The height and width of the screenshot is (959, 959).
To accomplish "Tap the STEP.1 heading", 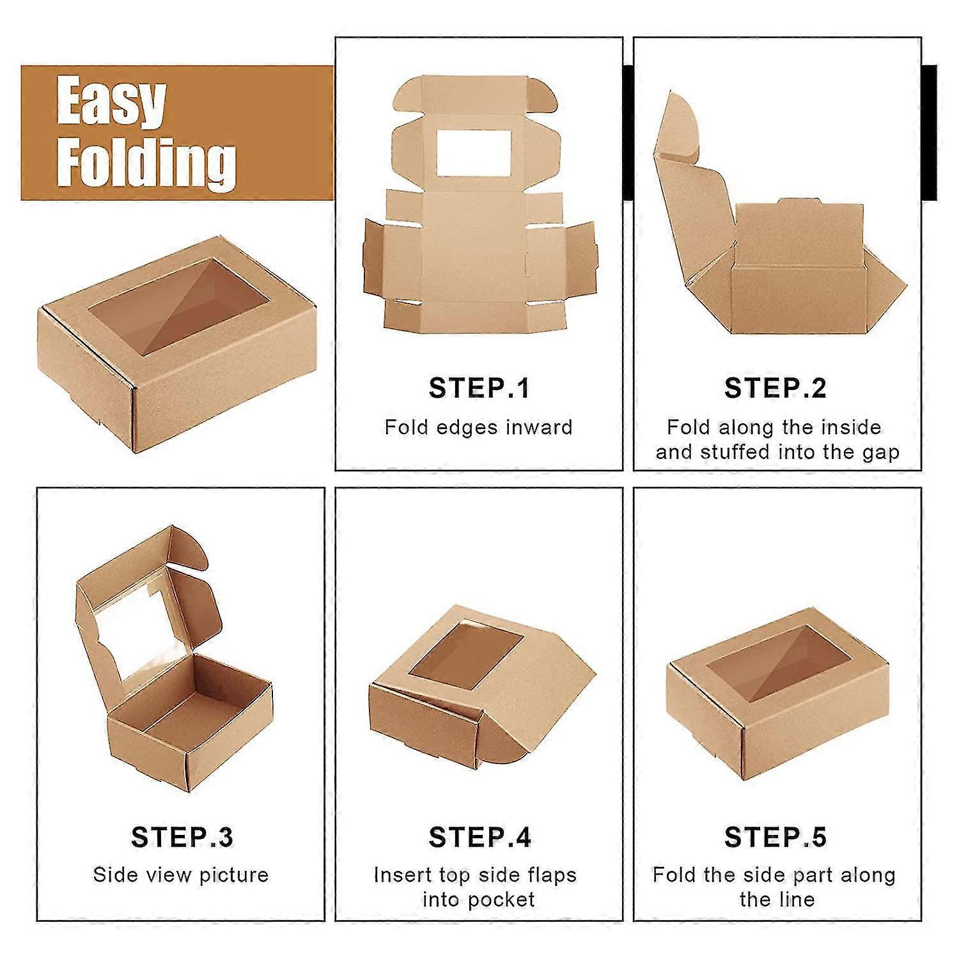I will click(x=479, y=388).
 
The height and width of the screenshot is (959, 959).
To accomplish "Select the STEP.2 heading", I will click(x=776, y=388).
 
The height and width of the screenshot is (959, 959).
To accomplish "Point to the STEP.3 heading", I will click(x=182, y=837).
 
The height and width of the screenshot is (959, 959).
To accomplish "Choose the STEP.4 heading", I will click(x=479, y=837).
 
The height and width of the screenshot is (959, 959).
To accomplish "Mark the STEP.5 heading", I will click(x=776, y=837).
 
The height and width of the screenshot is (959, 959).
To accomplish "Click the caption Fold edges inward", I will click(x=478, y=427).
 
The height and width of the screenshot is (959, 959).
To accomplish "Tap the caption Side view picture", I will click(x=181, y=875).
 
